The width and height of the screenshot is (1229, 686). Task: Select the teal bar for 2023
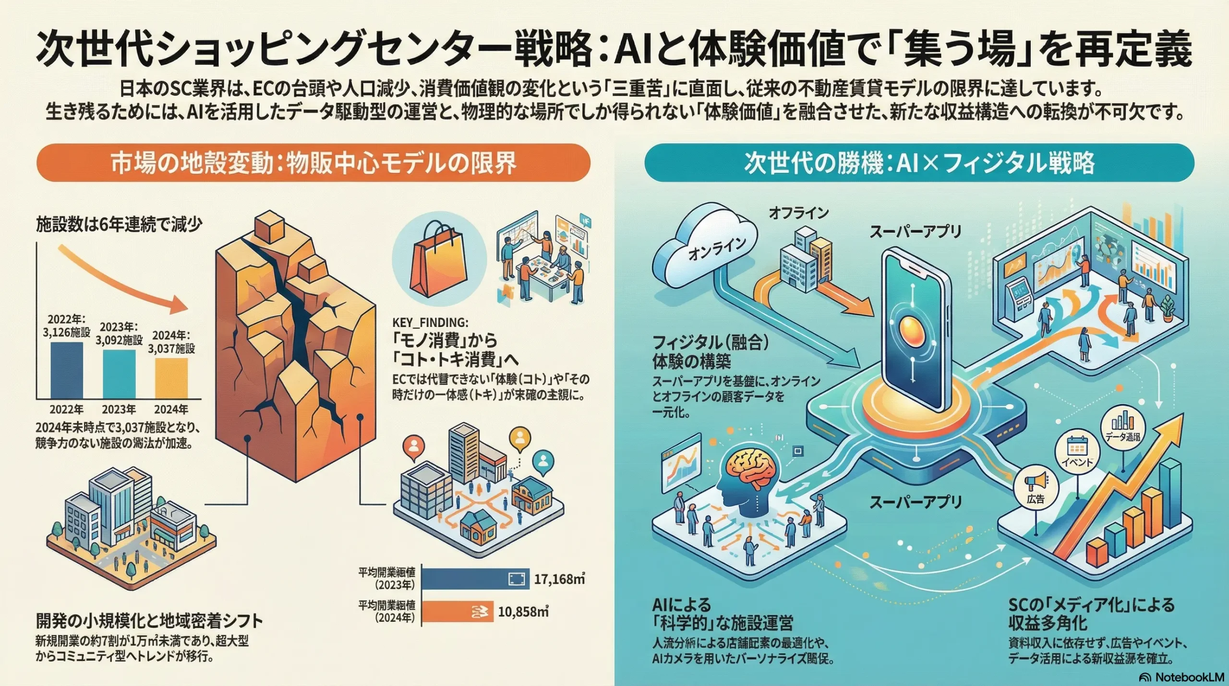(x=119, y=374)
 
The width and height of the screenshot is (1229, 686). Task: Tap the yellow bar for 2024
(x=171, y=378)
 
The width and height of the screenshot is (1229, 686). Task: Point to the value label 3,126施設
(x=66, y=332)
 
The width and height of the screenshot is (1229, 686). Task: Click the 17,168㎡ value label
(x=559, y=579)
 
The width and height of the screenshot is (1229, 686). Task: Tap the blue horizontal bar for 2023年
(x=475, y=579)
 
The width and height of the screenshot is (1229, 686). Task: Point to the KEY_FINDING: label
(x=430, y=322)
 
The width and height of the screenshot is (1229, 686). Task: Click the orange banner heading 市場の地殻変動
(x=313, y=163)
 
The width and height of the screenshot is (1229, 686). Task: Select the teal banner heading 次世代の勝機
(x=919, y=163)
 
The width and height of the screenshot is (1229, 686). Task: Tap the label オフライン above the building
(x=798, y=213)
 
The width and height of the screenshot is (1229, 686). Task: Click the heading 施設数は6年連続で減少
(x=119, y=224)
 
